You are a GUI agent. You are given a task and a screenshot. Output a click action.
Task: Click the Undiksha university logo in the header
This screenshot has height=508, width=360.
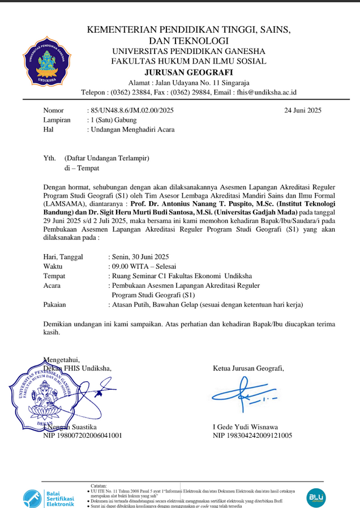(47, 61)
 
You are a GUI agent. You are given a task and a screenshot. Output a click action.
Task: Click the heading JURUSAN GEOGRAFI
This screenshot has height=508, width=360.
(188, 72)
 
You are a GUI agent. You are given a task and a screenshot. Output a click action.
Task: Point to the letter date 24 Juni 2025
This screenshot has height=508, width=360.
(303, 110)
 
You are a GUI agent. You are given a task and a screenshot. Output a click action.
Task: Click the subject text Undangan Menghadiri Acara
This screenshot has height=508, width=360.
(132, 129)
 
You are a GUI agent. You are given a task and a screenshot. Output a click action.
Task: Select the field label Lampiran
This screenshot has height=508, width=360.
(57, 120)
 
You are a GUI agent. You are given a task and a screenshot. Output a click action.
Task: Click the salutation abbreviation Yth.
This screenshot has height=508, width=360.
(50, 159)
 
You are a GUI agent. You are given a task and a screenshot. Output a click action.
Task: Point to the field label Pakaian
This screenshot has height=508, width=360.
(54, 304)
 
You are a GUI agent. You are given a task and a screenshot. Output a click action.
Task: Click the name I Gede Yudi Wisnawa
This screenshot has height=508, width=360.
(245, 426)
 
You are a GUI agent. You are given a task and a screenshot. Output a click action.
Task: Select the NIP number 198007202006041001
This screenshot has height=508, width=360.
(83, 436)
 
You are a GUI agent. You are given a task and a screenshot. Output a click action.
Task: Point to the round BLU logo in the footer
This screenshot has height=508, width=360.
(316, 498)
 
